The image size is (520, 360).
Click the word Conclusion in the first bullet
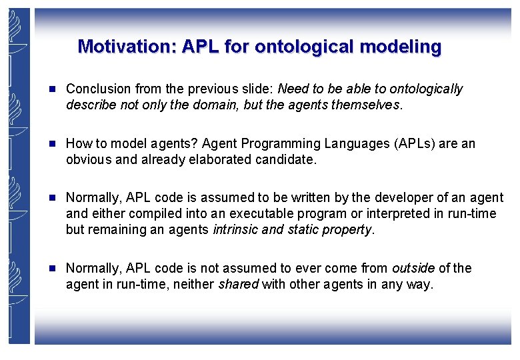click(x=99, y=89)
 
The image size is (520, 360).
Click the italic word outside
click(x=413, y=268)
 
